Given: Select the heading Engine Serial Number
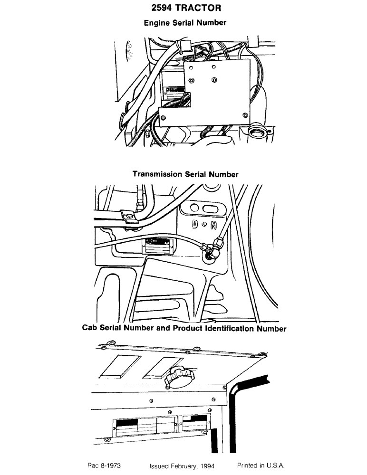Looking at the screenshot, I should click(185, 22).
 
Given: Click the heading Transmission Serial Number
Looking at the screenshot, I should click(185, 174).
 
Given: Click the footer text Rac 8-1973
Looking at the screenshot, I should click(104, 465).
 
